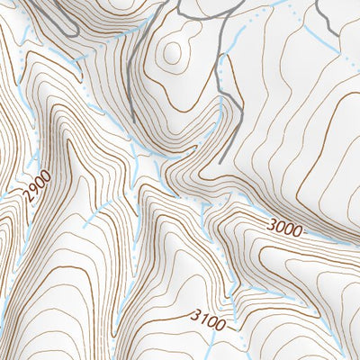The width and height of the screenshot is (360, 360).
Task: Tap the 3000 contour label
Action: pos(284,227)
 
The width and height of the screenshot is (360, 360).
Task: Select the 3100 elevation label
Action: pos(209,317)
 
